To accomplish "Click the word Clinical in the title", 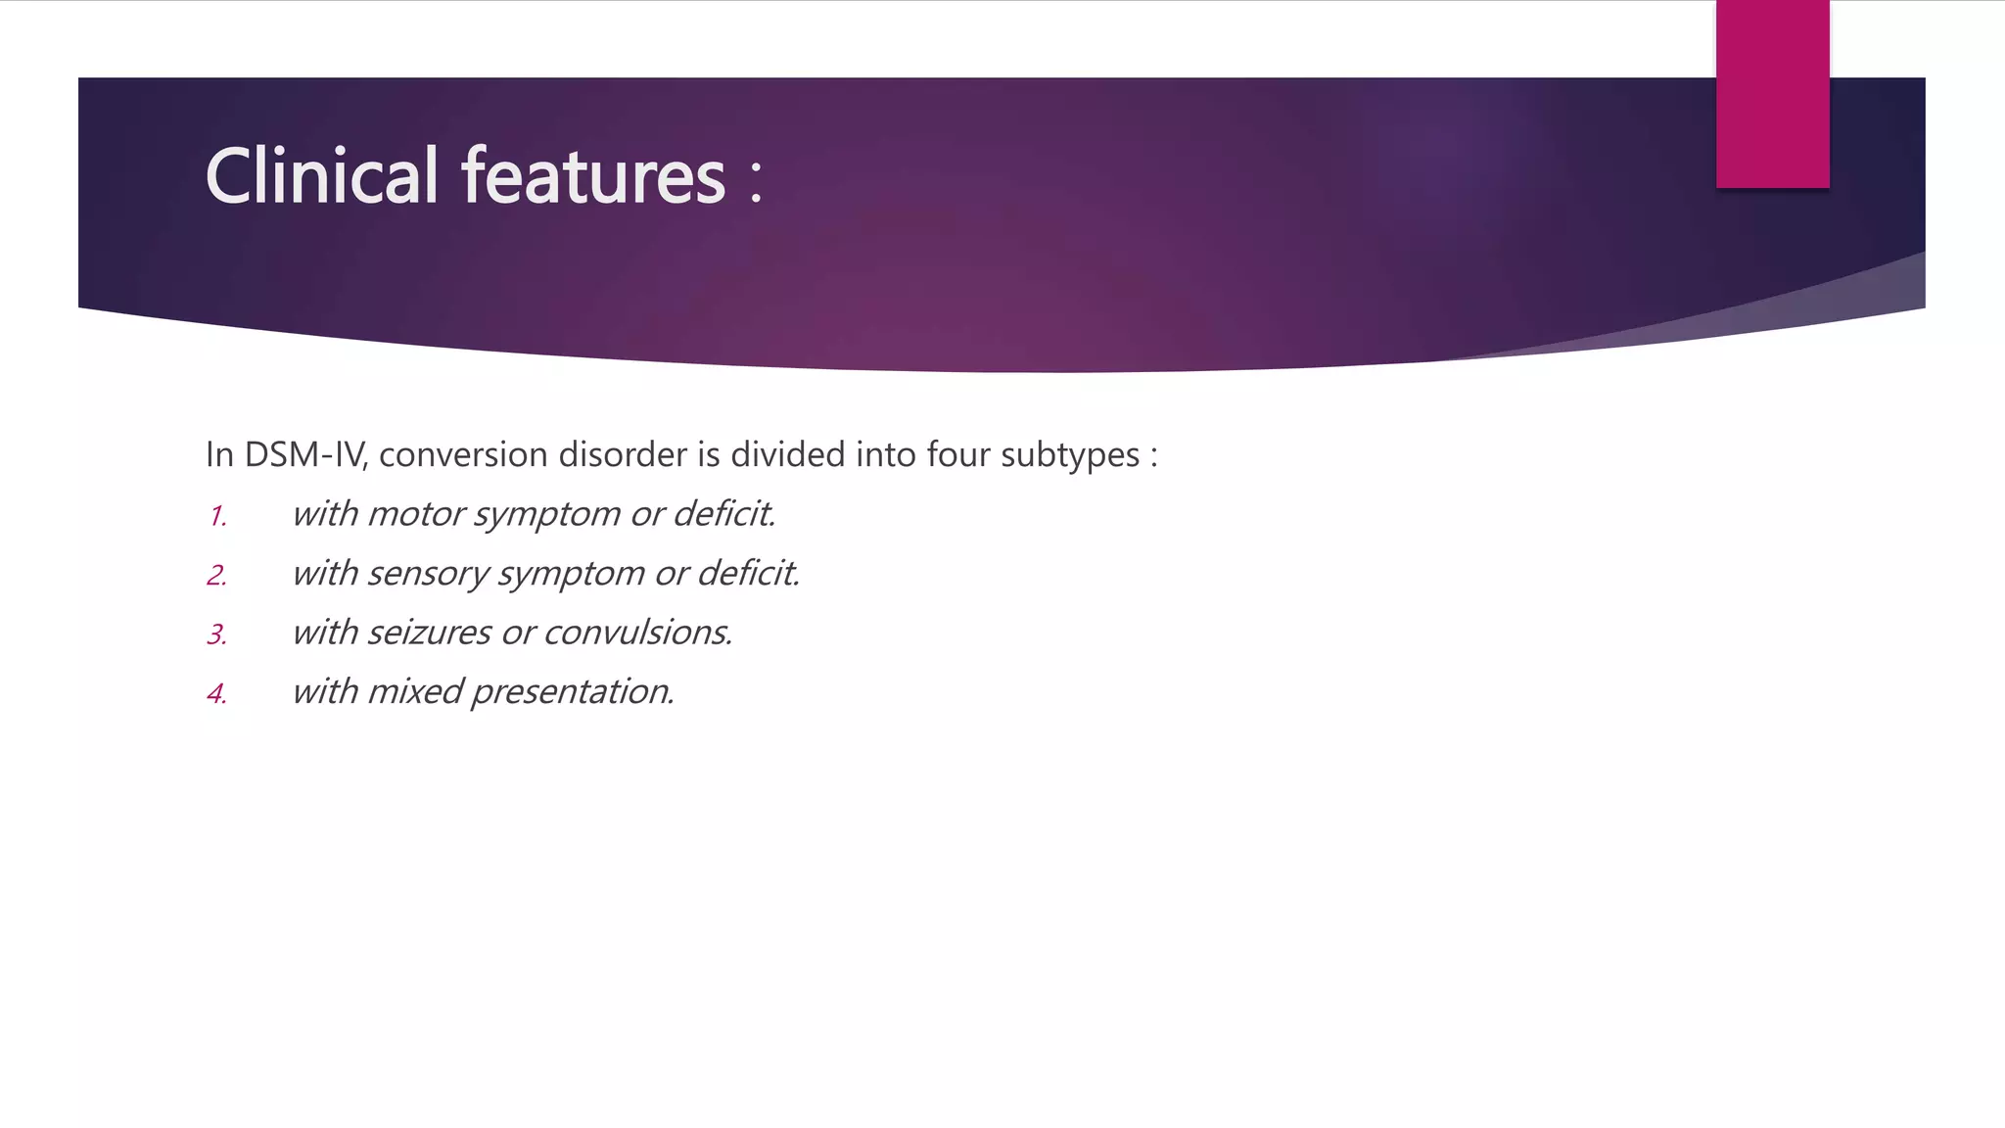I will [x=321, y=176].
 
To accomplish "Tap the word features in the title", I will [x=593, y=176].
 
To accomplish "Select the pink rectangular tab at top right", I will [x=1772, y=94].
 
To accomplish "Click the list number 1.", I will [x=218, y=516].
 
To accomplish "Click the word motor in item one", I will [x=415, y=514].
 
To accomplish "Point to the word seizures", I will [x=429, y=633].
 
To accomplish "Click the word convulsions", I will [x=637, y=633].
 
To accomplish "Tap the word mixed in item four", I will [x=415, y=692].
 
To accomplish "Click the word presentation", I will [x=572, y=692].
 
